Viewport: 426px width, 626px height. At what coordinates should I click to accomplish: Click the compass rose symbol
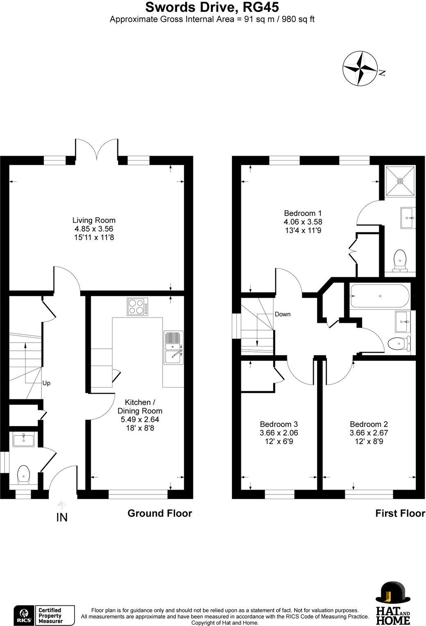pyautogui.click(x=359, y=68)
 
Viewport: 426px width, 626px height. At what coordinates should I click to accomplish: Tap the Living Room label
pyautogui.click(x=94, y=220)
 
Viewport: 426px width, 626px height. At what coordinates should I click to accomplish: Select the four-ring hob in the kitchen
pyautogui.click(x=138, y=306)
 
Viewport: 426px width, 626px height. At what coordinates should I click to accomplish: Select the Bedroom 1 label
pyautogui.click(x=303, y=213)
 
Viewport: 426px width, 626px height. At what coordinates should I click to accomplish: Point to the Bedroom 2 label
pyautogui.click(x=369, y=424)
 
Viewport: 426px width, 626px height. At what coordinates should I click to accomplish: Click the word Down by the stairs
pyautogui.click(x=282, y=314)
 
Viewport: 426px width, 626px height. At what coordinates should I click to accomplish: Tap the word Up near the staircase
pyautogui.click(x=46, y=383)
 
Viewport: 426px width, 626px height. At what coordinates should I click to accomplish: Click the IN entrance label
pyautogui.click(x=62, y=517)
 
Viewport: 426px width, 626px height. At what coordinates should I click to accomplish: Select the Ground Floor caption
pyautogui.click(x=160, y=513)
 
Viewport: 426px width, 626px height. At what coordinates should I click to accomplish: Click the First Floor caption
pyautogui.click(x=400, y=513)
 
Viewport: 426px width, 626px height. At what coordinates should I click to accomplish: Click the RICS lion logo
pyautogui.click(x=23, y=615)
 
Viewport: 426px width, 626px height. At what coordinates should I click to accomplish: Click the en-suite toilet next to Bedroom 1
pyautogui.click(x=399, y=261)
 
